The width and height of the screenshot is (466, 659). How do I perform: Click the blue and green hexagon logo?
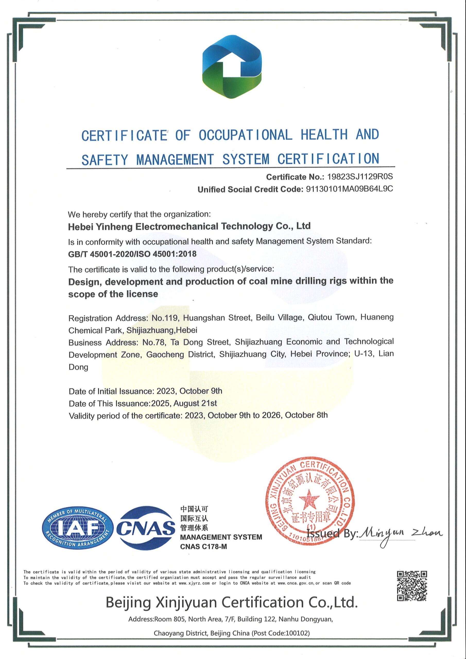pos(232,67)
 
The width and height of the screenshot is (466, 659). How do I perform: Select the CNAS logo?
pos(146,528)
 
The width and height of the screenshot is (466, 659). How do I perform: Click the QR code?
pos(412,586)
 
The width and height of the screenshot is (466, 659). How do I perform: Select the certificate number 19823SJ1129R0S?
pos(360,177)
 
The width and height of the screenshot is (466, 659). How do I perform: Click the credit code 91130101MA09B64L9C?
pos(349,189)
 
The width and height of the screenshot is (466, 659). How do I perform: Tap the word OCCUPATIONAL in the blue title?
pos(246,135)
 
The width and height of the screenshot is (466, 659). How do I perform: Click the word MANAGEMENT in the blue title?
pos(175,160)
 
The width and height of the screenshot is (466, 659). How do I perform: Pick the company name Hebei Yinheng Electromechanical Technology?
pos(189,227)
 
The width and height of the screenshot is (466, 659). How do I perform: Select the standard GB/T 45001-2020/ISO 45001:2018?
pos(132,254)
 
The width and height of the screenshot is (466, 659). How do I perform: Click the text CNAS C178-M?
pos(203,547)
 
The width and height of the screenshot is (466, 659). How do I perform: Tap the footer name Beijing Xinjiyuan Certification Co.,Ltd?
pos(232,602)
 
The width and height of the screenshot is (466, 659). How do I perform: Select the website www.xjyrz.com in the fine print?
pos(194,583)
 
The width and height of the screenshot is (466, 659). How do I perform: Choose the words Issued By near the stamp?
pos(332,534)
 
